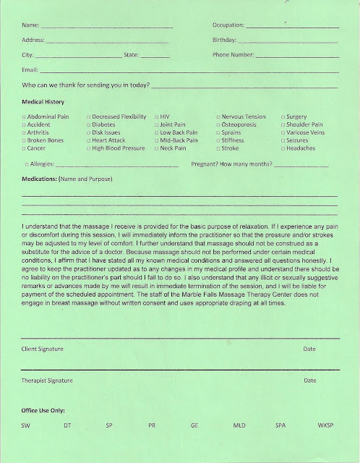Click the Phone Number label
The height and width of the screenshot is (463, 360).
tap(233, 54)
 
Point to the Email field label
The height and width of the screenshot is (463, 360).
tap(30, 69)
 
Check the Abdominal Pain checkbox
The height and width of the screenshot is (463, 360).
tap(25, 116)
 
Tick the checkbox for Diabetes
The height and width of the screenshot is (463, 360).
tap(89, 124)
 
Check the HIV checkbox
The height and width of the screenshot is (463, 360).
tap(157, 116)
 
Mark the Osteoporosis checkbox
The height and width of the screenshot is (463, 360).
tap(219, 124)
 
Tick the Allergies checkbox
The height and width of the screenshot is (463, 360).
tap(25, 164)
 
